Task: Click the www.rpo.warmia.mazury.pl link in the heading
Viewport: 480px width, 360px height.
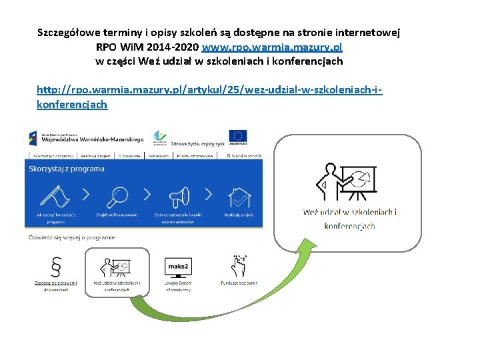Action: [x=271, y=48]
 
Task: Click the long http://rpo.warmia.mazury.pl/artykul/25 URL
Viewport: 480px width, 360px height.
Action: [x=213, y=89]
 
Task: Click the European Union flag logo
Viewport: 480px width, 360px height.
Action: [x=238, y=137]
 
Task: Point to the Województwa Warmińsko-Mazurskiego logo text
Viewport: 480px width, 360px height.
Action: [x=92, y=140]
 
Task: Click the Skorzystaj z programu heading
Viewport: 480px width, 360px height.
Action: [x=67, y=169]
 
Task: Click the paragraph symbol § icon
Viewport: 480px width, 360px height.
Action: [x=56, y=266]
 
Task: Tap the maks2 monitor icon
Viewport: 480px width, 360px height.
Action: [x=177, y=266]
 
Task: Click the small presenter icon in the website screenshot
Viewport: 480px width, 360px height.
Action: [x=117, y=265]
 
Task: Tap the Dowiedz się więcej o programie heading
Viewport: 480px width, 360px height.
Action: [x=71, y=237]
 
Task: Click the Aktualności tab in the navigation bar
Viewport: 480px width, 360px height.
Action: [x=159, y=155]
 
